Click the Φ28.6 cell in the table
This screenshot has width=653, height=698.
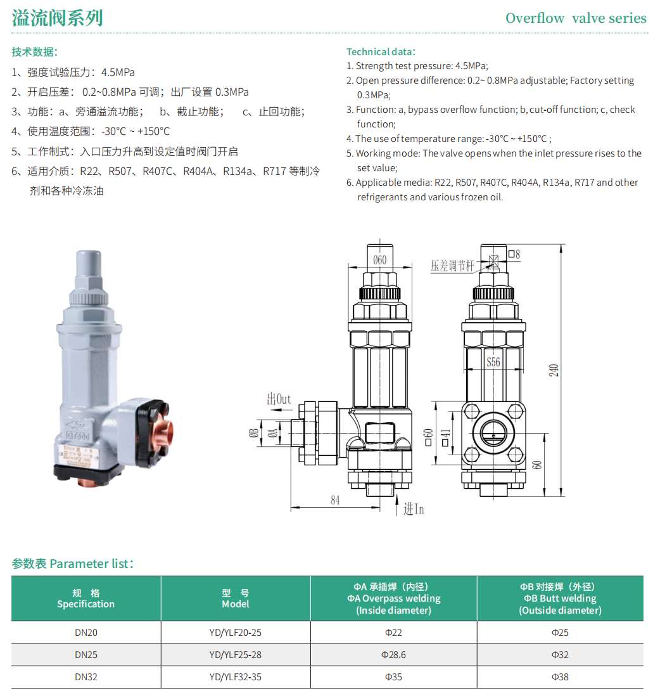click(393, 654)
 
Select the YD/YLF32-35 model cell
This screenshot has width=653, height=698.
click(236, 676)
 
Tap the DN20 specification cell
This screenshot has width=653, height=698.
click(86, 632)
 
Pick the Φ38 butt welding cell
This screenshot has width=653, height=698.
click(560, 676)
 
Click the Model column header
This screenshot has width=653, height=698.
click(236, 598)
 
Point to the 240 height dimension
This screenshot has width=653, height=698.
click(553, 370)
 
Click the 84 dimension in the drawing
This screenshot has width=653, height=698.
click(335, 500)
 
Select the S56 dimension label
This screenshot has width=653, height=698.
click(493, 362)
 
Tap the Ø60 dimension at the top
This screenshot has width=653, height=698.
click(379, 260)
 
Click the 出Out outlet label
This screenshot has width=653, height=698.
click(279, 399)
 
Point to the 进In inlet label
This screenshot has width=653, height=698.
click(414, 509)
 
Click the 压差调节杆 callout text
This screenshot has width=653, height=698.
click(452, 266)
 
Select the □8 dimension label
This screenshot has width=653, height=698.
click(514, 254)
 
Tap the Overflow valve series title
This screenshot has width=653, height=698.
click(576, 18)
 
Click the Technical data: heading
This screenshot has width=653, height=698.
click(381, 51)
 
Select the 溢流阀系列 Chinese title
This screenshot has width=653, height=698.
click(58, 18)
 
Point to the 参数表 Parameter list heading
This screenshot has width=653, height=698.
click(72, 564)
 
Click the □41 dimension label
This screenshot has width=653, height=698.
click(445, 438)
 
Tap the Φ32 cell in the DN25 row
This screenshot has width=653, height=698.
click(560, 654)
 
